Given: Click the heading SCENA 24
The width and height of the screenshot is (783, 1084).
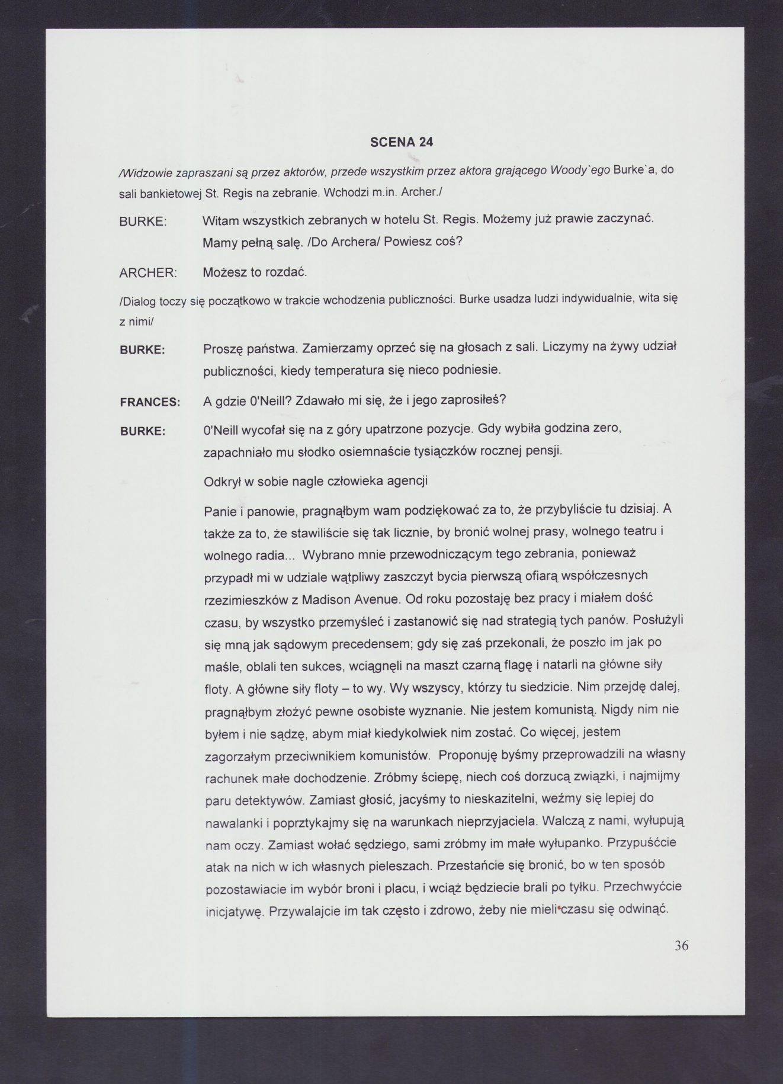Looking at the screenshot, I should tap(401, 142).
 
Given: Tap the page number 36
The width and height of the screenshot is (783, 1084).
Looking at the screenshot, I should tap(681, 945).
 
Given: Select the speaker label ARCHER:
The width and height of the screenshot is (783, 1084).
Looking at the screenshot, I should tap(148, 273).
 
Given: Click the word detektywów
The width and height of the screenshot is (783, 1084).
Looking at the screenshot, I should tap(267, 799).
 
